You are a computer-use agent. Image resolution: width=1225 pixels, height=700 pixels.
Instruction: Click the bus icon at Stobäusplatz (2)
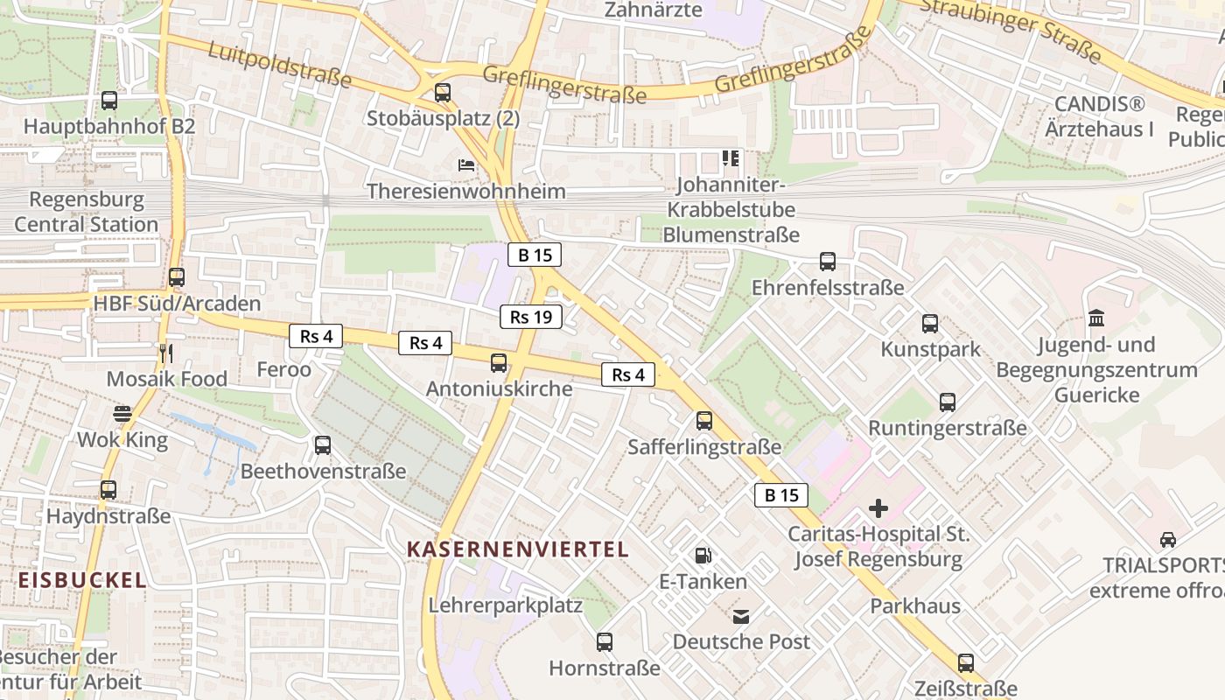point(443,92)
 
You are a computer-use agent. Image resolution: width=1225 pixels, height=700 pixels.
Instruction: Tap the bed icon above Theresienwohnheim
point(466,164)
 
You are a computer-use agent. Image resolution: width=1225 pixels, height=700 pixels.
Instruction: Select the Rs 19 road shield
point(531,317)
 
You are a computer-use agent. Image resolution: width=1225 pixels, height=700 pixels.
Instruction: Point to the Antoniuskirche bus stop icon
point(499,362)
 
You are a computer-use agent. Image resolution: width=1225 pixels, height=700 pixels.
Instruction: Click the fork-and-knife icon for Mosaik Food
point(166,353)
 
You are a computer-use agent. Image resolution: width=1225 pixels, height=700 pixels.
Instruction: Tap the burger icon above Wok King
point(122,414)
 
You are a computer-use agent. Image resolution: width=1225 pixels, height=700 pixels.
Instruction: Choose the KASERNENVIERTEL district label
point(518,549)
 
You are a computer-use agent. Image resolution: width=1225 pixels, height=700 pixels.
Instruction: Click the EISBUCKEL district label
point(82,580)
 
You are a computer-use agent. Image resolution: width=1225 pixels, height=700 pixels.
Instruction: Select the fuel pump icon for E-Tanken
point(703,555)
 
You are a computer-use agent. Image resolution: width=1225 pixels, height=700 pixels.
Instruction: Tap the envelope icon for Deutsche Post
point(742,616)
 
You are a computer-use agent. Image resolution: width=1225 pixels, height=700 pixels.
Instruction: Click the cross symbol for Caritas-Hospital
point(878,507)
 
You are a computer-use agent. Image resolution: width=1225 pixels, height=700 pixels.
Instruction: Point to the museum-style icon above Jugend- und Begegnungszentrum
point(1096,318)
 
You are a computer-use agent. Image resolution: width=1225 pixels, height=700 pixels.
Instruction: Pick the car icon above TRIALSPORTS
point(1168,539)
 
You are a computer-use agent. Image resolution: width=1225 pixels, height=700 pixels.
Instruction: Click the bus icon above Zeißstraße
point(966,663)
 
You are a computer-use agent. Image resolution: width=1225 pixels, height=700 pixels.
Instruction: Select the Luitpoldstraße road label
point(279,64)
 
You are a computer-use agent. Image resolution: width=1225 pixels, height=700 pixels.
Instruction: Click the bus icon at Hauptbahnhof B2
point(109,101)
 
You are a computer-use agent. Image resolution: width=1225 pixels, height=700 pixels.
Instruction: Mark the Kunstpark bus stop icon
point(930,324)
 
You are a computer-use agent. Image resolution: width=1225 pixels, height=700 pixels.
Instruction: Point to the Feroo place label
point(283,369)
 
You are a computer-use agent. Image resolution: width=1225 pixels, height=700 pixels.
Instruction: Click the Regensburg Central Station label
point(86,212)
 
